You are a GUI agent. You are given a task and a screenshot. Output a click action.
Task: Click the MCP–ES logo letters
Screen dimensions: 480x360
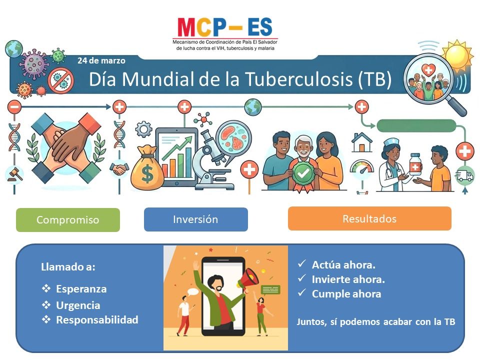tap(224, 27)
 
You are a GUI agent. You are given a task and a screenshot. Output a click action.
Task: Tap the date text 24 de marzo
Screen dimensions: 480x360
tap(101, 60)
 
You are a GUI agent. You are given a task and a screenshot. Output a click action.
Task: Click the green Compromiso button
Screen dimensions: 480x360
tap(68, 220)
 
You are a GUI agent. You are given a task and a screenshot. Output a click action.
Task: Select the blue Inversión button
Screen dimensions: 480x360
tap(196, 219)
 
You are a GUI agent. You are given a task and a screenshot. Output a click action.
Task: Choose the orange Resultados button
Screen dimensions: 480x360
tap(369, 218)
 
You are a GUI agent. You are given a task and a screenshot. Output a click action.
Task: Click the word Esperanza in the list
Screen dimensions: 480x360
tap(81, 289)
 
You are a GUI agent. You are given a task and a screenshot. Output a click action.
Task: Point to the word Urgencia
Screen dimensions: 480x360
tap(78, 305)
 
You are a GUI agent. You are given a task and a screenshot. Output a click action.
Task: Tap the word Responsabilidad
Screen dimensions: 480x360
tap(97, 319)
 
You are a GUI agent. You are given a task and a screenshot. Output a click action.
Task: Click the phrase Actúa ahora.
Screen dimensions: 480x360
tap(343, 265)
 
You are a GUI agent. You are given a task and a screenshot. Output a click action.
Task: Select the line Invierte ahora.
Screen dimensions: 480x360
tap(348, 279)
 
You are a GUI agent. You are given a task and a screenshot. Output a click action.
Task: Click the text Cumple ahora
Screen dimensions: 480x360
tap(346, 294)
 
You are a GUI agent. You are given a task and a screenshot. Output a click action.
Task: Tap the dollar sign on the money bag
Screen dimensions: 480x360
tap(147, 173)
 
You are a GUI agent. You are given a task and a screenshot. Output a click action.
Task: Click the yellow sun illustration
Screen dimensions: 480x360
tap(457, 55)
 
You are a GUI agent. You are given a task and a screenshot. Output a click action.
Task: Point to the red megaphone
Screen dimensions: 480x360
tap(248, 278)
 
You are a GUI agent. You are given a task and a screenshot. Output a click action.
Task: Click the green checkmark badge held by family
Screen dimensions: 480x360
tap(303, 173)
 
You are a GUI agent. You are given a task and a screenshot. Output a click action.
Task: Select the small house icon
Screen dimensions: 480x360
tap(362, 142)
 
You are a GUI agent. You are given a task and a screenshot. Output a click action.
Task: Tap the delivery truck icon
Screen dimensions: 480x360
tap(464, 175)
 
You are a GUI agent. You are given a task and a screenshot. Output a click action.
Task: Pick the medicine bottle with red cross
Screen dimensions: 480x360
tap(415, 164)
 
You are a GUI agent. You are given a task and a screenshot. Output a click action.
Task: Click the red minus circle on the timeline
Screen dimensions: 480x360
tap(14, 107)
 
